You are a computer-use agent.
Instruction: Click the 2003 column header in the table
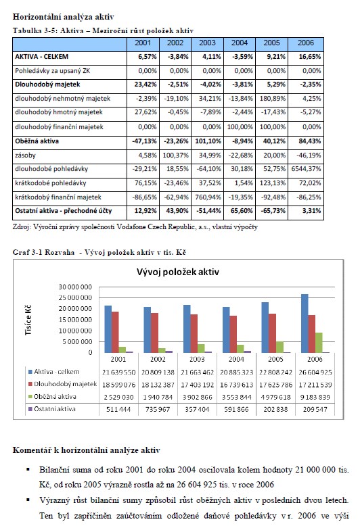pyautogui.click(x=207, y=43)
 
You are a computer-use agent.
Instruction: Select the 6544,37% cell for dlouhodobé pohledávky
pyautogui.click(x=306, y=169)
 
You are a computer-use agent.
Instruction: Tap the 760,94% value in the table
pyautogui.click(x=208, y=197)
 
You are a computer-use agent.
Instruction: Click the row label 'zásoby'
pyautogui.click(x=25, y=155)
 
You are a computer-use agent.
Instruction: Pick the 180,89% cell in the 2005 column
pyautogui.click(x=272, y=99)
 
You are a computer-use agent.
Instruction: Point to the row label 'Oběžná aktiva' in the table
pyautogui.click(x=37, y=141)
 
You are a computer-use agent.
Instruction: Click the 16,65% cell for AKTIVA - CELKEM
pyautogui.click(x=310, y=57)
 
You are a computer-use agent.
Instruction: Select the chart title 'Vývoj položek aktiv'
pyautogui.click(x=178, y=272)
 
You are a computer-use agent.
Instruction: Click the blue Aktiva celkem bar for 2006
pyautogui.click(x=305, y=323)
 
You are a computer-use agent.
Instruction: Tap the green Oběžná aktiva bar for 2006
pyautogui.click(x=319, y=343)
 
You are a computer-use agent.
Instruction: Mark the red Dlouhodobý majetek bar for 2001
pyautogui.click(x=115, y=332)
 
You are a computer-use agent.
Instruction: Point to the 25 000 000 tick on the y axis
pyautogui.click(x=75, y=297)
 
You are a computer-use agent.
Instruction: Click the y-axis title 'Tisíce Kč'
pyautogui.click(x=28, y=320)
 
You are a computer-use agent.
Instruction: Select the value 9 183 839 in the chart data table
pyautogui.click(x=315, y=397)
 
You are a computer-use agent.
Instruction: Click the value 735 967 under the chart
pyautogui.click(x=158, y=410)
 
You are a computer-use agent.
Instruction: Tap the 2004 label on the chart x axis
pyautogui.click(x=236, y=359)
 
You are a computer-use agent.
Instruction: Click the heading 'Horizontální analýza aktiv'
pyautogui.click(x=64, y=16)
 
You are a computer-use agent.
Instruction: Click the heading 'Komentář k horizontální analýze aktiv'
pyautogui.click(x=87, y=450)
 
